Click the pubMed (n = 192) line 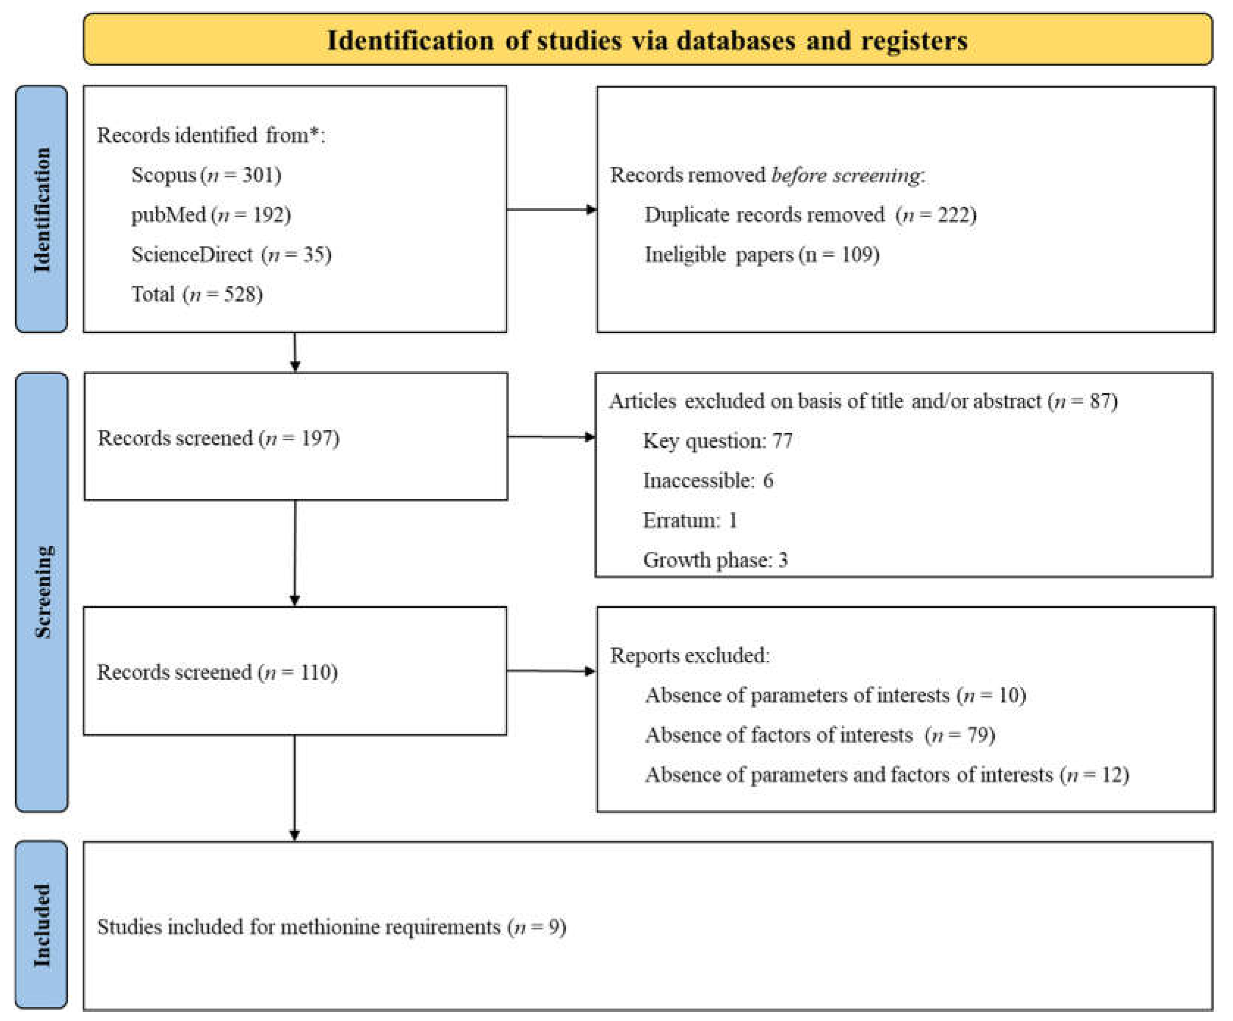pos(211,215)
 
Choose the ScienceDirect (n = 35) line pos(231,255)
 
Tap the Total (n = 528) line pos(197,294)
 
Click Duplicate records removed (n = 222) pos(810,215)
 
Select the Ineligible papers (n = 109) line pos(761,255)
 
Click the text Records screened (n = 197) pos(218,438)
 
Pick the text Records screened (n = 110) pos(217,672)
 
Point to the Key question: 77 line pos(717,441)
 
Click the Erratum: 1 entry pos(690,520)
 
